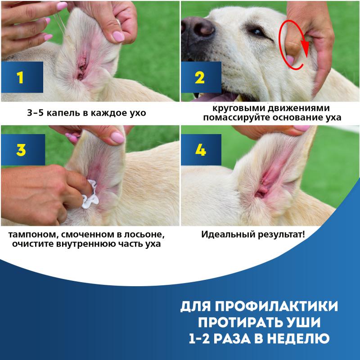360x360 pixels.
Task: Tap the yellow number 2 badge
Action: tap(199, 77)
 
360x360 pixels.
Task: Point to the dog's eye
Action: tap(255, 32)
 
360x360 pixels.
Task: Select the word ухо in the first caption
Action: tap(137, 113)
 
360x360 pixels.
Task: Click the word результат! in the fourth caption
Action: tap(282, 235)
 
